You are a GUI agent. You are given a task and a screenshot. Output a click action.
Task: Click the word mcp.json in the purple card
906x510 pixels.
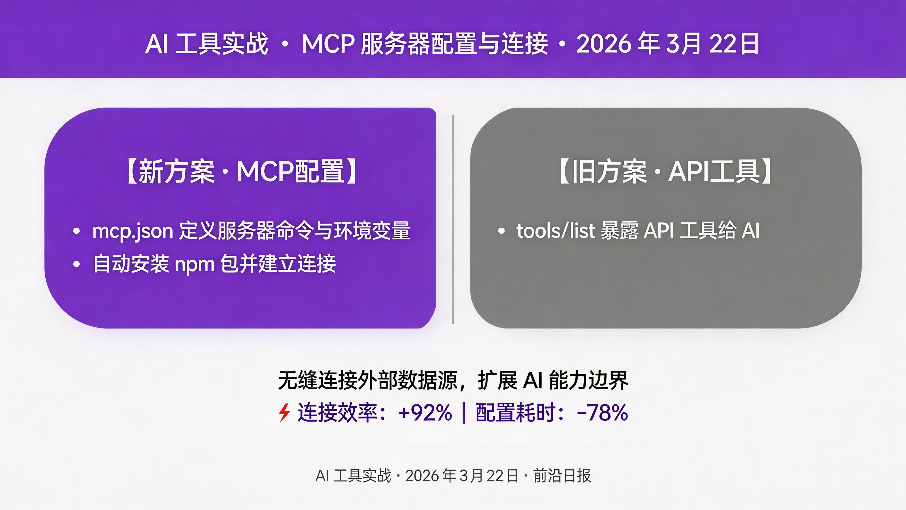pos(132,231)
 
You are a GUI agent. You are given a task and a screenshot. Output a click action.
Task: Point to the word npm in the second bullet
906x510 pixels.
pos(194,264)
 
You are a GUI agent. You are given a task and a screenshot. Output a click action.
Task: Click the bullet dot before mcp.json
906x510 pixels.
pos(76,231)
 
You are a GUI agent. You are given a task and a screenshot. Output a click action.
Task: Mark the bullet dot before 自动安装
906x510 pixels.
pos(76,264)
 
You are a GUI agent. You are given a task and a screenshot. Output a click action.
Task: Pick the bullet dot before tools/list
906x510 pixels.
pos(501,231)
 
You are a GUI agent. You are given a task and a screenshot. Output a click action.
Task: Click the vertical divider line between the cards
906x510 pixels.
pos(453,218)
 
